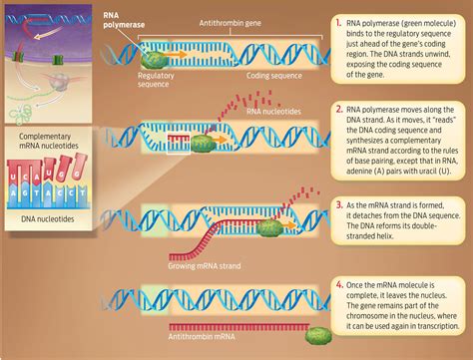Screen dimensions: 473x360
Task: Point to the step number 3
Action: coord(340,204)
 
